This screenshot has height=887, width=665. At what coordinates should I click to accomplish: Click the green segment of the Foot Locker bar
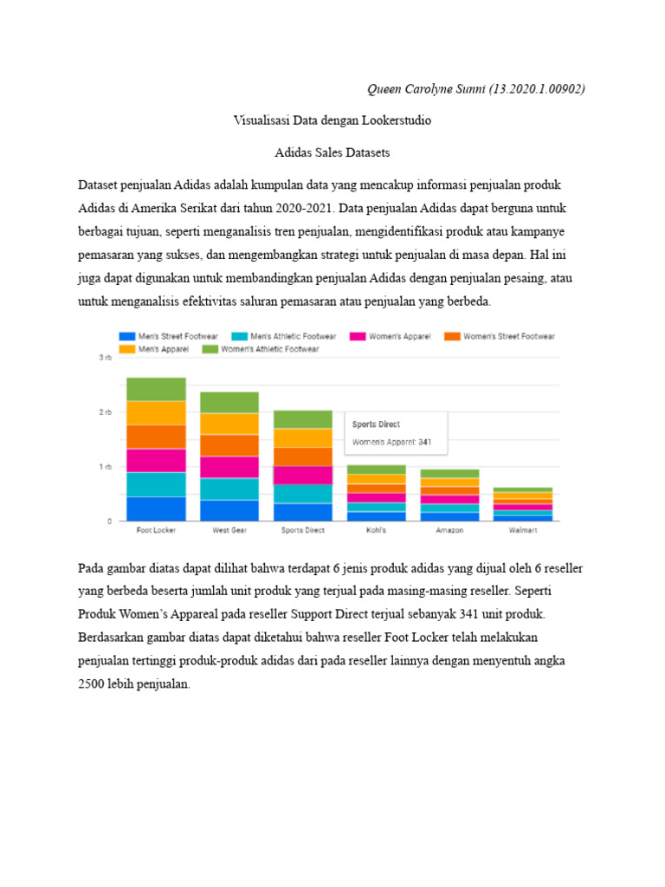[x=156, y=389]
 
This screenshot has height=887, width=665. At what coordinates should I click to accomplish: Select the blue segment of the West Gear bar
[x=229, y=510]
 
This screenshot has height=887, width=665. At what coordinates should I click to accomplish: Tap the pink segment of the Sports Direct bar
[x=302, y=475]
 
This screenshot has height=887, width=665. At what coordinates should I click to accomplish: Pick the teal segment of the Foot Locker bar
[x=156, y=484]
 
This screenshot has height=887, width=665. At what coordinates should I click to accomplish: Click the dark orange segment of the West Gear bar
[x=229, y=445]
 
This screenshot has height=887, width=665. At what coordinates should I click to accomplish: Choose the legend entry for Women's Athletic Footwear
[x=261, y=349]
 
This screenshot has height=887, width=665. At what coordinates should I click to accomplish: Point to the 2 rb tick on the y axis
[x=106, y=412]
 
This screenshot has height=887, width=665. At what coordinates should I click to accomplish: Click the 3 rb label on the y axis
[x=106, y=358]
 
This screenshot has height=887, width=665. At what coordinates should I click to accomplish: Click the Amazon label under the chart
[x=449, y=529]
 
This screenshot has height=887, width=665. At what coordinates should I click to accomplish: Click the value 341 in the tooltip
[x=425, y=443]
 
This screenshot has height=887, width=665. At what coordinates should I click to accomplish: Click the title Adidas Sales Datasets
[x=332, y=152]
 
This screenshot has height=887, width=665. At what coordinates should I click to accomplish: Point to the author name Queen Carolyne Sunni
[x=426, y=89]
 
